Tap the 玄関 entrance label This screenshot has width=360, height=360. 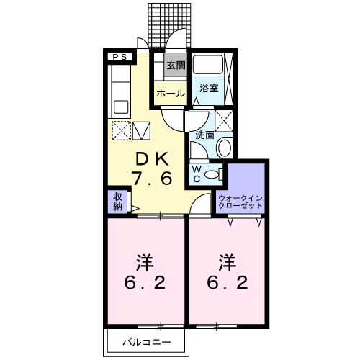[176, 66]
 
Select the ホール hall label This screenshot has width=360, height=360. [171, 94]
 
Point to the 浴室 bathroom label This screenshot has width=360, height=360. [209, 89]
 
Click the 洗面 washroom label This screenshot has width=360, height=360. [204, 135]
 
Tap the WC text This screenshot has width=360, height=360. [197, 174]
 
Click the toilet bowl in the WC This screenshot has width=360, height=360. [211, 174]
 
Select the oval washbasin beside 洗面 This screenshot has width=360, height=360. [224, 146]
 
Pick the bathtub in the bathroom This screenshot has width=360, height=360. [208, 64]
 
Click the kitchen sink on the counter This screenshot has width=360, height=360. [121, 107]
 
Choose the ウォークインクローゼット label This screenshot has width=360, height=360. [240, 202]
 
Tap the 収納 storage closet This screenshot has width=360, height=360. [117, 202]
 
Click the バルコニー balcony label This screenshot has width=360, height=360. [147, 342]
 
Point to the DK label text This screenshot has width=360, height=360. [152, 159]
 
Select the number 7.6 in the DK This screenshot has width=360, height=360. [153, 179]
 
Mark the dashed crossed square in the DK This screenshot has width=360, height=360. [122, 130]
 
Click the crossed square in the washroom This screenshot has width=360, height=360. [224, 121]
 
